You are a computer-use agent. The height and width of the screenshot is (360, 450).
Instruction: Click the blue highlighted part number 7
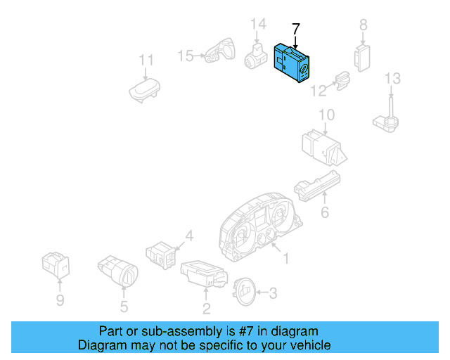(291, 63)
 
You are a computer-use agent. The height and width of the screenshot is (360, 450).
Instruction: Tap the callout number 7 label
(295, 30)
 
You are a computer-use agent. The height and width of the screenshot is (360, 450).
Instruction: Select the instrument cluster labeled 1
(259, 227)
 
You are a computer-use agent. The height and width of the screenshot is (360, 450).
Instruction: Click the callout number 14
(258, 24)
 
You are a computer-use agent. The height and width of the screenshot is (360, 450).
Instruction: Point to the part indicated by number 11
(144, 89)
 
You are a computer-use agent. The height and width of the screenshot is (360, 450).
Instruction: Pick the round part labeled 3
(244, 291)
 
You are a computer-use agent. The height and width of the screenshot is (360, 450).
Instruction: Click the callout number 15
(186, 56)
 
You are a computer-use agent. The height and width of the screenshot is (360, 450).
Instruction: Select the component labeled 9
(56, 265)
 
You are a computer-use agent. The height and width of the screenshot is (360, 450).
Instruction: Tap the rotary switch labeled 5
(118, 271)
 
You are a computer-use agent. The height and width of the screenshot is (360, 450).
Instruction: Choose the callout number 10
(326, 115)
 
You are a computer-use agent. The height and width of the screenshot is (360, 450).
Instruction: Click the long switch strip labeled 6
(317, 186)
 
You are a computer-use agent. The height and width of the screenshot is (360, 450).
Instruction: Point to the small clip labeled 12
(343, 81)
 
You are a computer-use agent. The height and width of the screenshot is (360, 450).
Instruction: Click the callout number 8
(364, 25)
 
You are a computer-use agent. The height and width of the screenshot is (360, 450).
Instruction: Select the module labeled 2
(205, 274)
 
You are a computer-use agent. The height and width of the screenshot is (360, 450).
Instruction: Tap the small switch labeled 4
(161, 255)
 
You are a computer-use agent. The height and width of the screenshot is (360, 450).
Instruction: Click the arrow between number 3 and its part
(262, 292)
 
